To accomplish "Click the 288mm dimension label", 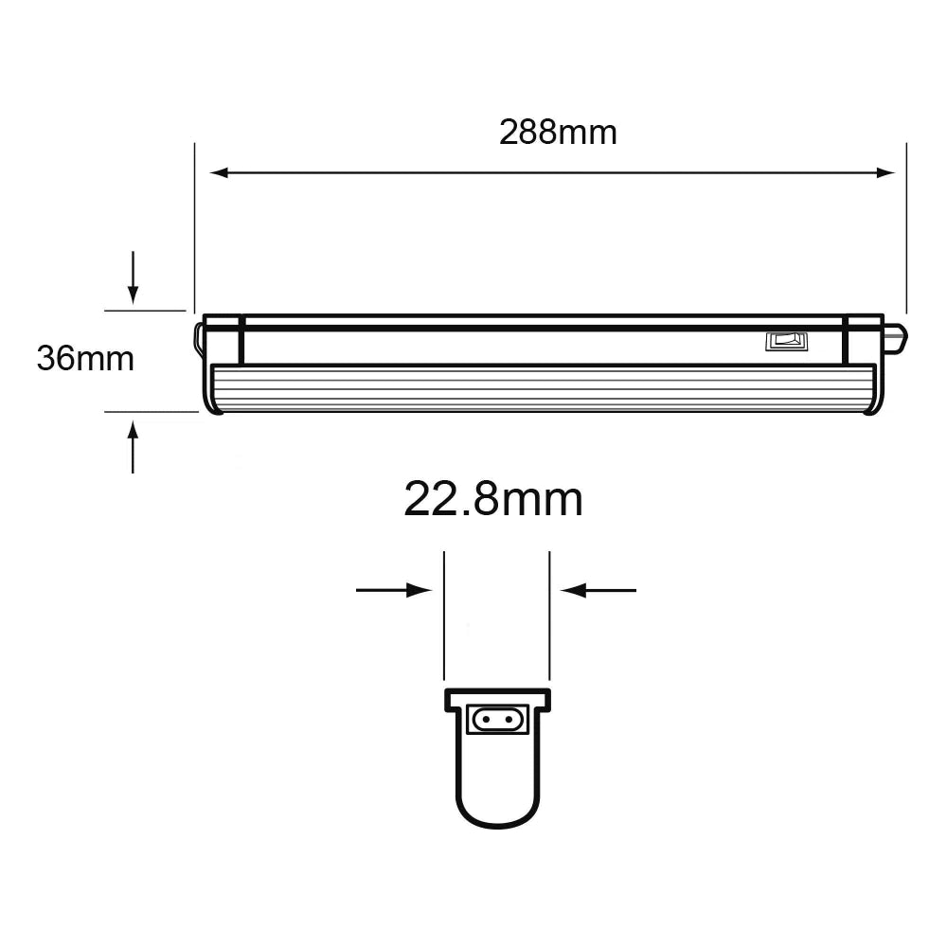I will (x=558, y=133).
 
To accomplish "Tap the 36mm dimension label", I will (x=85, y=359).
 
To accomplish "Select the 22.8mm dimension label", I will (x=492, y=499).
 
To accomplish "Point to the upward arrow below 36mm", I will (x=133, y=436).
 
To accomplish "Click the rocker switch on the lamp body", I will (x=786, y=341).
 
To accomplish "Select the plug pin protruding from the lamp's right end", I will (x=895, y=336).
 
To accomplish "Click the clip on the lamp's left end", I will (x=199, y=339).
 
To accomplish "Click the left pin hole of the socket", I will (x=486, y=721).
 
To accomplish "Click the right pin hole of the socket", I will (x=510, y=721).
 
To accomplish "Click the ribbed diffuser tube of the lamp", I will (x=540, y=388).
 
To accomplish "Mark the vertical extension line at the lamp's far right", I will (x=906, y=227).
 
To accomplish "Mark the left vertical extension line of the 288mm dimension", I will (x=194, y=227).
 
